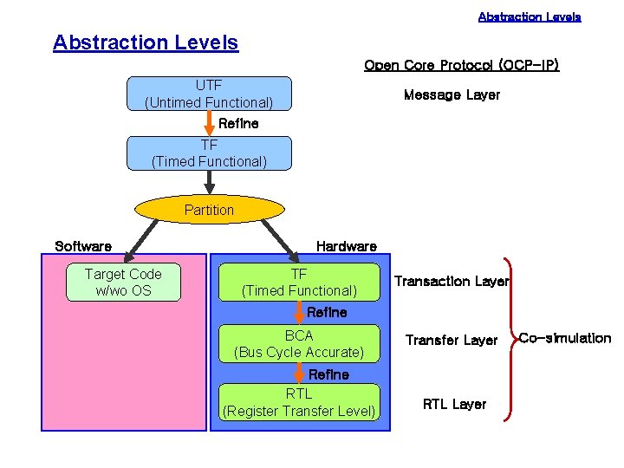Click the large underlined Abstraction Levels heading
click(x=146, y=42)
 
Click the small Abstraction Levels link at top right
click(x=530, y=16)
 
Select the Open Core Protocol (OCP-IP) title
click(x=461, y=66)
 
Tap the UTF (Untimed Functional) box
click(x=209, y=94)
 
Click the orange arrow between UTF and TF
click(x=209, y=122)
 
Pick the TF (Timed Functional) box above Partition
click(x=209, y=153)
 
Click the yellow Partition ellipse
click(x=209, y=210)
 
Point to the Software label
click(x=83, y=246)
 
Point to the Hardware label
click(x=346, y=246)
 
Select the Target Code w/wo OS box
click(x=123, y=283)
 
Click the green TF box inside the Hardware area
click(x=299, y=283)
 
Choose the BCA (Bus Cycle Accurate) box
click(x=299, y=343)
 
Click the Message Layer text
click(x=452, y=95)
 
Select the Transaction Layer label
click(x=452, y=281)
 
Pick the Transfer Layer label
click(x=452, y=341)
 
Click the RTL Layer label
click(x=454, y=404)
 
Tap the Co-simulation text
click(x=565, y=338)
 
